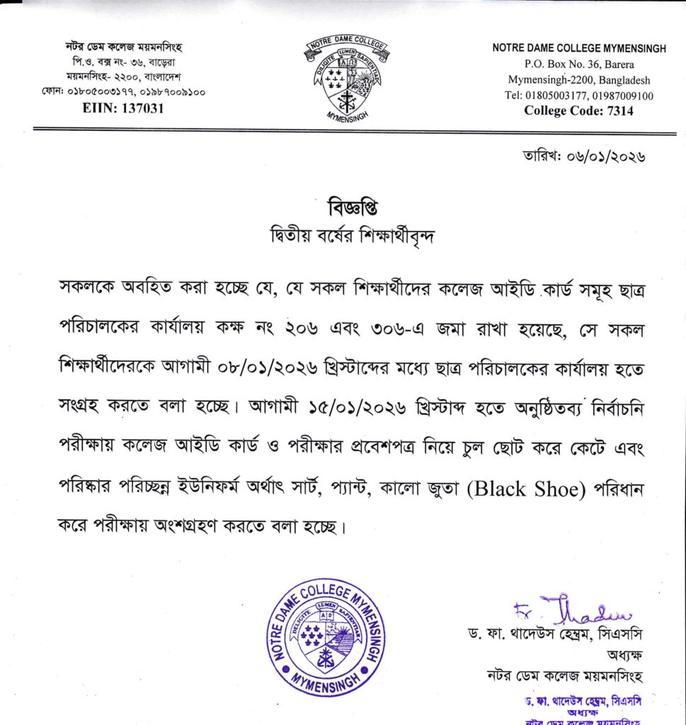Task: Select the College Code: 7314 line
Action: (578, 110)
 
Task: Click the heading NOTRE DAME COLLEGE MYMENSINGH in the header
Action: (579, 48)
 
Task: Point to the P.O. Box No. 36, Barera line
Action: (578, 64)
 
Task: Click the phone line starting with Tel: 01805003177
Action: (578, 96)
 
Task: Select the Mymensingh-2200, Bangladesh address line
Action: (578, 80)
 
